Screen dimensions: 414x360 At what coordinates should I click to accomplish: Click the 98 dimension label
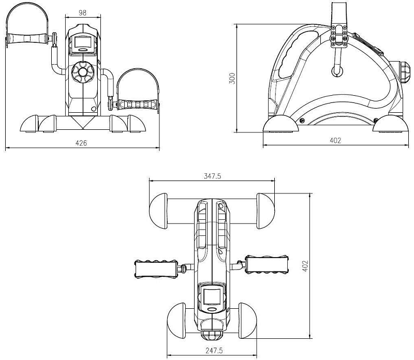pyautogui.click(x=82, y=12)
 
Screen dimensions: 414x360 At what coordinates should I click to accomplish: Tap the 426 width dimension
pyautogui.click(x=81, y=143)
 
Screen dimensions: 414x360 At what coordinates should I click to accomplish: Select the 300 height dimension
pyautogui.click(x=232, y=79)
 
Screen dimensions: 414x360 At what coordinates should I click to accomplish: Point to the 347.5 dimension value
pyautogui.click(x=212, y=176)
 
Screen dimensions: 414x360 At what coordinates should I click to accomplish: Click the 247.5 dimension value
pyautogui.click(x=214, y=351)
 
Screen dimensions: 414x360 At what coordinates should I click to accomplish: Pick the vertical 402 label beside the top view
pyautogui.click(x=305, y=266)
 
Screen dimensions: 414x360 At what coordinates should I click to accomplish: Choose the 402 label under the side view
pyautogui.click(x=335, y=140)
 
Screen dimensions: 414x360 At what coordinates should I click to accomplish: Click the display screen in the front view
pyautogui.click(x=83, y=42)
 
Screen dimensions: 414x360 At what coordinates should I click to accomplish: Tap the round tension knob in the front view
pyautogui.click(x=83, y=72)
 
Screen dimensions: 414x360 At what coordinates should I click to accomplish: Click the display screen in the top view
pyautogui.click(x=212, y=296)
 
